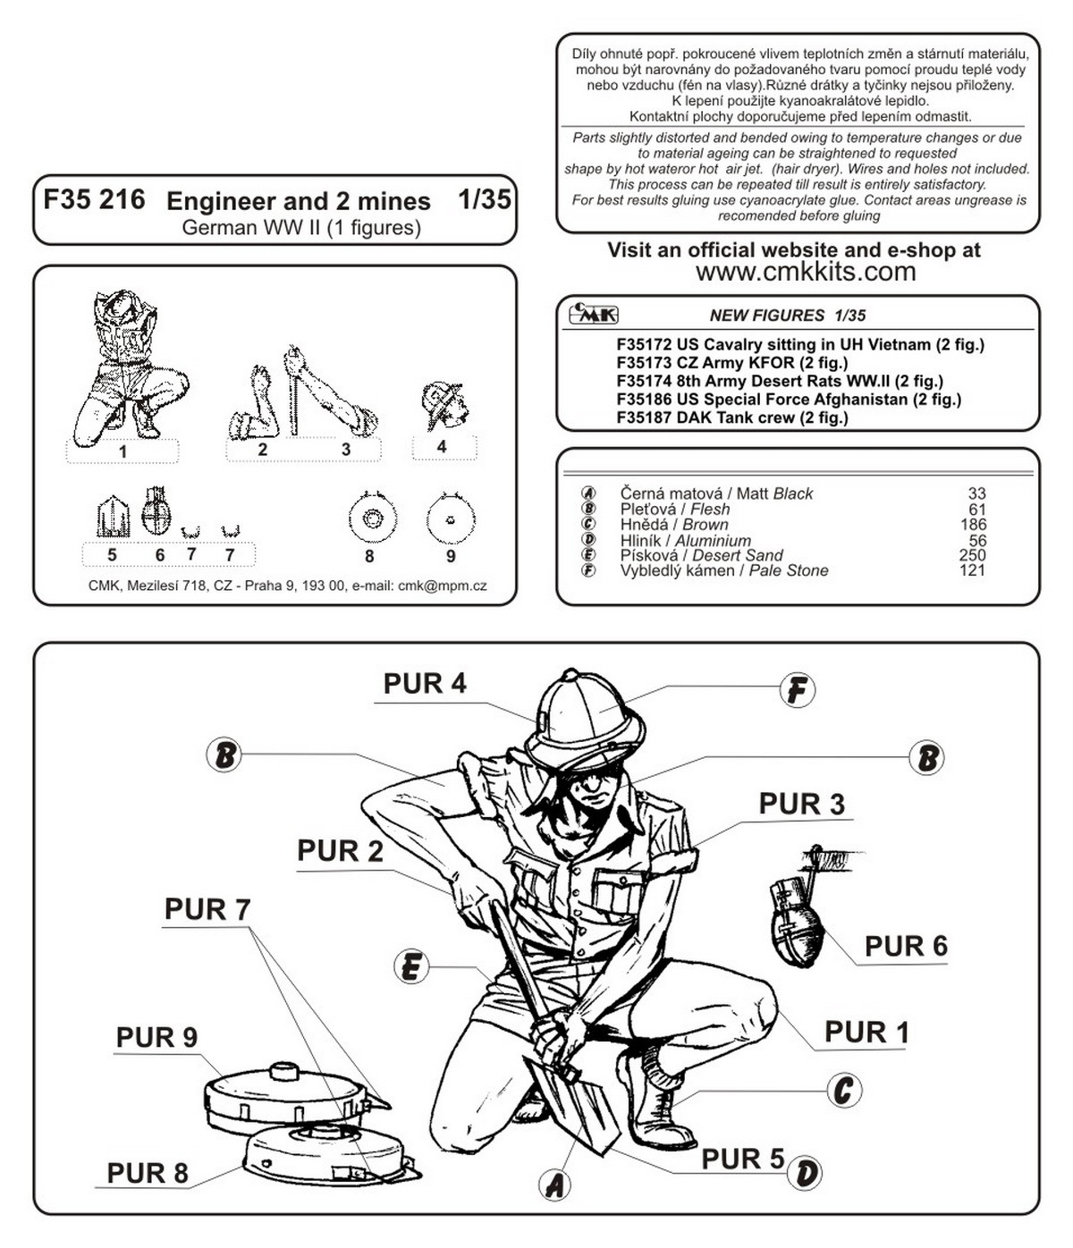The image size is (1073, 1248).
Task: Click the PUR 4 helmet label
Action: pos(425,684)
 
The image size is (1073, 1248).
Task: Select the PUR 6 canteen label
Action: pos(905,946)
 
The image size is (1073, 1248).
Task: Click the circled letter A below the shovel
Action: pos(555,1185)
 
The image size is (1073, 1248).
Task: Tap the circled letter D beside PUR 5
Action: pos(807,1173)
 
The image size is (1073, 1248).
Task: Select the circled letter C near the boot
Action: pos(842,1091)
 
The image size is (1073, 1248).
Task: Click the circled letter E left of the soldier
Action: pos(410,967)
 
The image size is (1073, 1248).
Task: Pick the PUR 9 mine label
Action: pos(156,1037)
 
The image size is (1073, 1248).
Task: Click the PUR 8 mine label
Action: pos(148,1173)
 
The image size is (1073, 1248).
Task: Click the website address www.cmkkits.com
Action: pos(806,272)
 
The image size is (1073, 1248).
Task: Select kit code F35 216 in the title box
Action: pos(94,199)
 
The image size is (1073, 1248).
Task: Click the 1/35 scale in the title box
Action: pos(484,198)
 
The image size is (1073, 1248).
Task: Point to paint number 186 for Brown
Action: pos(973,525)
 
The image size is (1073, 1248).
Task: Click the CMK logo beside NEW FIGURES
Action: pos(594,314)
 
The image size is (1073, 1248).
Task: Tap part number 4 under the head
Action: pos(442,446)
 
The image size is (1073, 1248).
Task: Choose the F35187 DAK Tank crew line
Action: pos(732,417)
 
